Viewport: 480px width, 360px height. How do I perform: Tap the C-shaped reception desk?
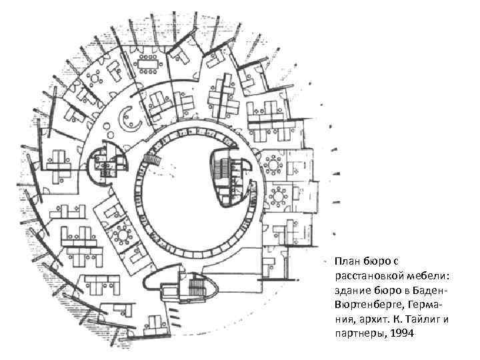pos(127,120)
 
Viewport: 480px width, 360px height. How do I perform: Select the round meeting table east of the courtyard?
pos(273,163)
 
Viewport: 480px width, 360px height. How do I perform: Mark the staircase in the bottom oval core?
pos(197,287)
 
